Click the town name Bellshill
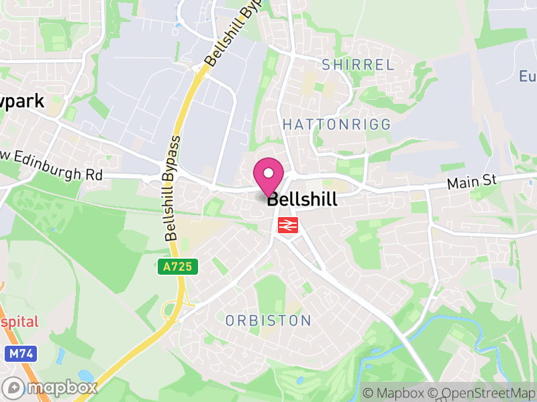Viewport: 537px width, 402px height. [x=302, y=200]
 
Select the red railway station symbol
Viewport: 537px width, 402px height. [x=287, y=226]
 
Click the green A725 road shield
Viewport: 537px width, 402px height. [x=179, y=267]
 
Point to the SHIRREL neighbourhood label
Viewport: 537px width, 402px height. [x=358, y=65]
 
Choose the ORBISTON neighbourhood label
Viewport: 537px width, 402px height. [x=268, y=320]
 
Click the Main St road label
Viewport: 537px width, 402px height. [x=472, y=182]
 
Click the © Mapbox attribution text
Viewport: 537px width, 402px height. [x=395, y=393]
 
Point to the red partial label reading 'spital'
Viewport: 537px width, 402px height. [x=19, y=322]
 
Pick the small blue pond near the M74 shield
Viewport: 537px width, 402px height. [x=86, y=376]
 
